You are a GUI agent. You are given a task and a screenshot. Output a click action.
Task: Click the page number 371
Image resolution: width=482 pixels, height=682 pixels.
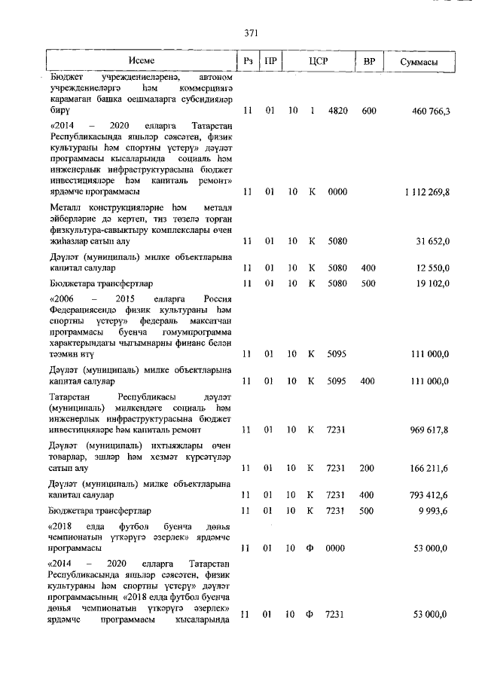pyautogui.click(x=252, y=32)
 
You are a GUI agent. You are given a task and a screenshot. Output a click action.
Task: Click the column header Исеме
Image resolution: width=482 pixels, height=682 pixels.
pyautogui.click(x=142, y=61)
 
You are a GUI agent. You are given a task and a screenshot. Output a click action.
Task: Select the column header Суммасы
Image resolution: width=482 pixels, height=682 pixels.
pyautogui.click(x=419, y=61)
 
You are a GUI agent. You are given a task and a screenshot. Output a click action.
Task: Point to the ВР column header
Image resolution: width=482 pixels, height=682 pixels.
pyautogui.click(x=369, y=61)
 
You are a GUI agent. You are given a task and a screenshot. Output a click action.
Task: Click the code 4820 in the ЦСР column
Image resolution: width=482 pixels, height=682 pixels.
pyautogui.click(x=337, y=112)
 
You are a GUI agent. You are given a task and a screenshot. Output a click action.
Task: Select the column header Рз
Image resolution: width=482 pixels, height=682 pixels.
pyautogui.click(x=247, y=61)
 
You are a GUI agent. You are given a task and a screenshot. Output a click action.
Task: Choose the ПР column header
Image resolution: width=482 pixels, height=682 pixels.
pyautogui.click(x=269, y=61)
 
